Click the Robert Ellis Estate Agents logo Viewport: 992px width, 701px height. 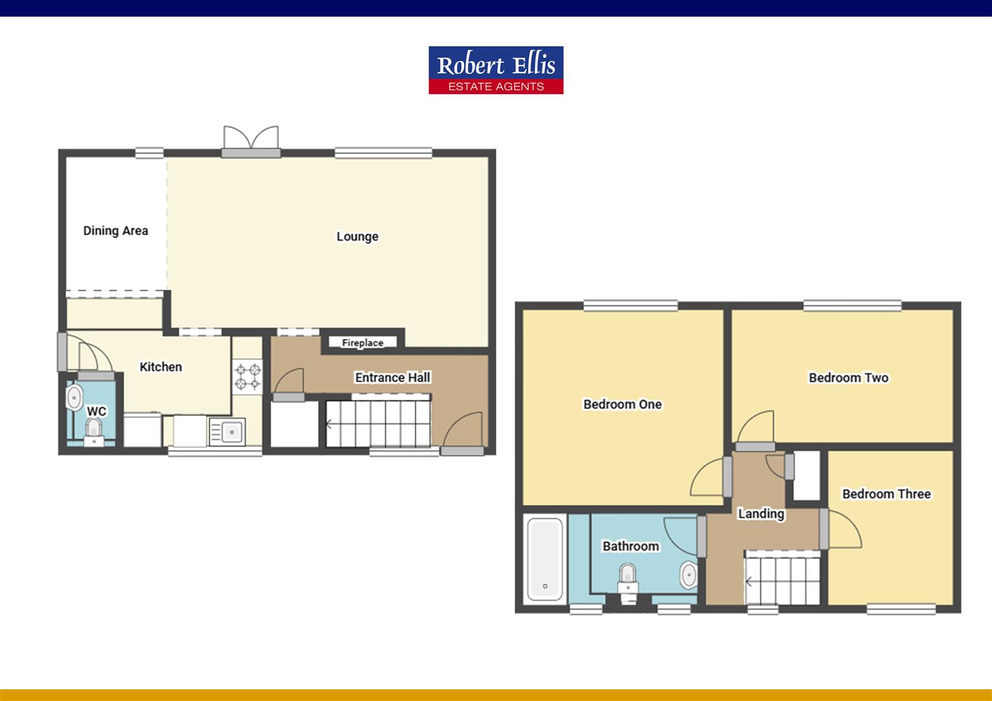(x=496, y=70)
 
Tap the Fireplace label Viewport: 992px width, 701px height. (x=363, y=343)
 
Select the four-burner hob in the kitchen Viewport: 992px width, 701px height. (x=247, y=376)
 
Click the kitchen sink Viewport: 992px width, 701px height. (x=227, y=432)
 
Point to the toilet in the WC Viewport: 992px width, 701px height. (x=93, y=432)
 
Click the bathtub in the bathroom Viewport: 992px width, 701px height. (x=545, y=560)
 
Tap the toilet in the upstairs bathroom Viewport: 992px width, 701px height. (x=628, y=583)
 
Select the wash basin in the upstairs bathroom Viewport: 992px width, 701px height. (x=689, y=575)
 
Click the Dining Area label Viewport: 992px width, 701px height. (x=116, y=230)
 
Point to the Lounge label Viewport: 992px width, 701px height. (x=357, y=237)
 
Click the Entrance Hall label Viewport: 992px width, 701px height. (x=392, y=377)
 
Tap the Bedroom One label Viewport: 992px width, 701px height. (x=622, y=404)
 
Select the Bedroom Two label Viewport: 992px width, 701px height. (x=849, y=378)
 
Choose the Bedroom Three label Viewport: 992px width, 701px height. (x=886, y=494)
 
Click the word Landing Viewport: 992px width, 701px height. (x=761, y=513)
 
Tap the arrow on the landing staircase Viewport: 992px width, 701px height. (x=749, y=582)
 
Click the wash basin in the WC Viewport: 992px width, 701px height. (x=74, y=398)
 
